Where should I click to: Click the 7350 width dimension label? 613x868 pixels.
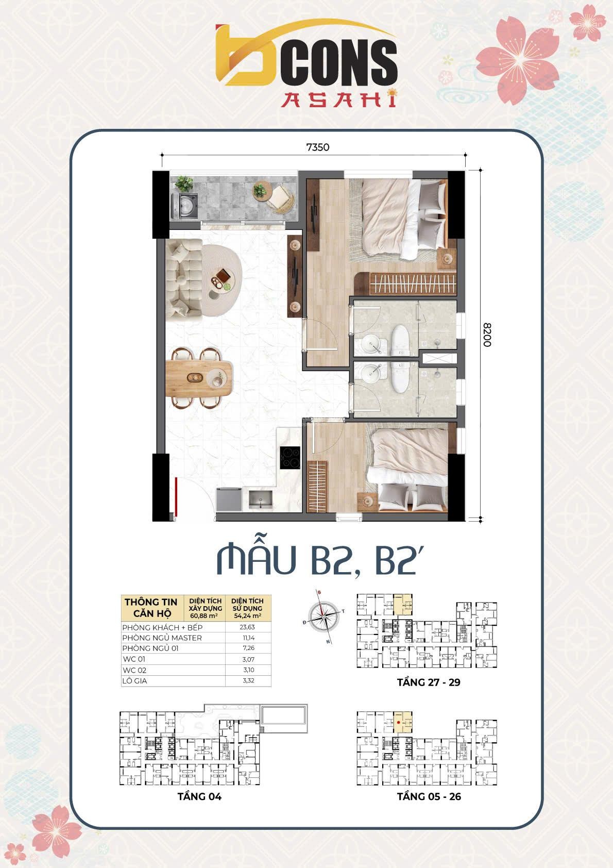click(x=317, y=147)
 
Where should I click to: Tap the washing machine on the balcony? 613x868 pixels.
click(x=186, y=206)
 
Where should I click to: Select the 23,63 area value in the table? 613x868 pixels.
click(x=248, y=627)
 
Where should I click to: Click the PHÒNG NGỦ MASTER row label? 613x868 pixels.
click(x=162, y=638)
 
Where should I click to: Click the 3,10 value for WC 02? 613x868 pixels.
click(x=248, y=670)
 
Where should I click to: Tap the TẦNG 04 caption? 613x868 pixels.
click(x=199, y=796)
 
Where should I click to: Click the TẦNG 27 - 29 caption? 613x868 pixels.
click(x=429, y=682)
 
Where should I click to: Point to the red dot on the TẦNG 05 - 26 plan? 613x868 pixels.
click(x=399, y=723)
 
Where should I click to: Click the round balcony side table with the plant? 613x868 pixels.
click(x=261, y=191)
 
